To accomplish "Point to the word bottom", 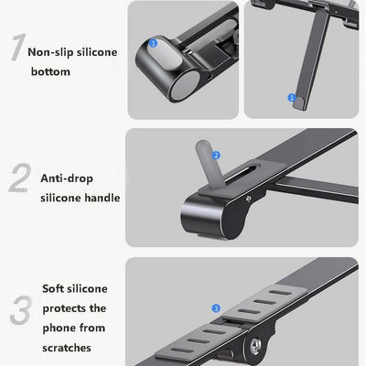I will (x=50, y=71).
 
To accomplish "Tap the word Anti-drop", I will (x=66, y=178).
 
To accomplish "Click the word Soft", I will (x=54, y=288).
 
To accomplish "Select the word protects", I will (x=61, y=308).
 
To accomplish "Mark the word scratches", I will (x=66, y=349).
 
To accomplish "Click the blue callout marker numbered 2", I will (x=216, y=156).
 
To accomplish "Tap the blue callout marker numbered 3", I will (x=215, y=309).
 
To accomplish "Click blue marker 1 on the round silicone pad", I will (x=152, y=42).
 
